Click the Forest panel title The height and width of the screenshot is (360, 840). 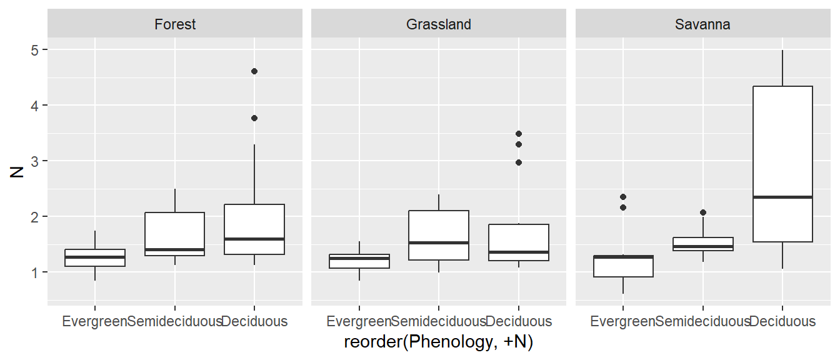(x=175, y=24)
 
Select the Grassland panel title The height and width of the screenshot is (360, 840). (x=439, y=24)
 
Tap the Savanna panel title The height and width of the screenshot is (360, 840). (x=702, y=24)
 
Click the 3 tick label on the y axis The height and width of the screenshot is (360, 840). (x=34, y=161)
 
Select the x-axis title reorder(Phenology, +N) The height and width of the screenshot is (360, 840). (x=438, y=342)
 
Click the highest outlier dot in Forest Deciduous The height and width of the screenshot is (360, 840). (x=254, y=71)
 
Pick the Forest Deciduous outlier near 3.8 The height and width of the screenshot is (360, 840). (x=254, y=118)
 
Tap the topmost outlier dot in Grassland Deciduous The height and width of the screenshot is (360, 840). (x=518, y=134)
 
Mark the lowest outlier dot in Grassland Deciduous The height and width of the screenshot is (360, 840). (x=518, y=162)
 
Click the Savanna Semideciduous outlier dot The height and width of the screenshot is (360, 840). (x=702, y=212)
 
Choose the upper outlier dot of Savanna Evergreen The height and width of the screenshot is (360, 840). (x=623, y=197)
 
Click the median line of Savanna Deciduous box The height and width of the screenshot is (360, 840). (x=782, y=197)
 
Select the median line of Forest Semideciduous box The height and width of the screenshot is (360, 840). (x=175, y=249)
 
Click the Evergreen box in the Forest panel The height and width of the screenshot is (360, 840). (x=95, y=257)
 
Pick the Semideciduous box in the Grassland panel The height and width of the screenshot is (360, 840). (x=439, y=235)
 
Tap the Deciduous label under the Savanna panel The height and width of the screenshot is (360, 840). (x=782, y=321)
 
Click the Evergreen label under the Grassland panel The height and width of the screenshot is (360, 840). (x=359, y=321)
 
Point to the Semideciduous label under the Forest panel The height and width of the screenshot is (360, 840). (x=175, y=321)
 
